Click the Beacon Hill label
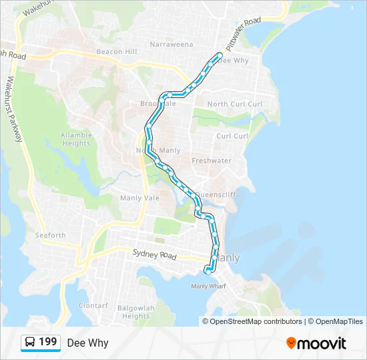click(x=117, y=52)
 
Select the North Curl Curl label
click(x=235, y=104)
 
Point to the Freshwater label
click(x=212, y=161)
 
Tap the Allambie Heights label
click(x=76, y=139)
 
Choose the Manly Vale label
click(x=139, y=198)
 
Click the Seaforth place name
click(x=51, y=235)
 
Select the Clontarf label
click(x=93, y=305)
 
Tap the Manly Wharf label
click(x=208, y=287)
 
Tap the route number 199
click(x=48, y=342)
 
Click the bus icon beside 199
click(x=31, y=343)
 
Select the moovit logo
click(x=316, y=343)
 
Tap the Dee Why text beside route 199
click(x=87, y=343)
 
